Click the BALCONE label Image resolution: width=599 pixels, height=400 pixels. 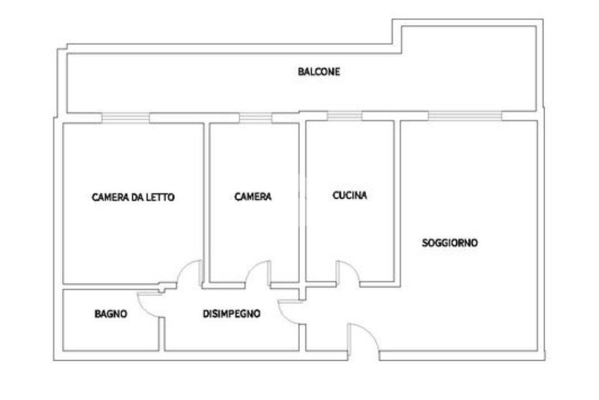[319, 72]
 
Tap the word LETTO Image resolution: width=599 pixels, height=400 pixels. [161, 197]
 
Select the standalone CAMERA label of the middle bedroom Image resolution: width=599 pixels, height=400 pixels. [253, 197]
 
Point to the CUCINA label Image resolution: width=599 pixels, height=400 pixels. [350, 196]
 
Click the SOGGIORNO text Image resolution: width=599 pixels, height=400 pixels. [450, 242]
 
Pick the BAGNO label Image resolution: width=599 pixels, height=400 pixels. [111, 314]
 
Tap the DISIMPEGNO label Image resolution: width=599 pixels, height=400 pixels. [231, 314]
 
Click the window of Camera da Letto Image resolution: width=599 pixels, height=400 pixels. [125, 118]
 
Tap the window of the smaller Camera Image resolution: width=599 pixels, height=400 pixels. [256, 118]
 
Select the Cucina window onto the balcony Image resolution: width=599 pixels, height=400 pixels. [344, 115]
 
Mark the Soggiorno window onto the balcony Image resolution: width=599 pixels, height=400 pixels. [465, 115]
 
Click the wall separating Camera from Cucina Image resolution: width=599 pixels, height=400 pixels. [302, 199]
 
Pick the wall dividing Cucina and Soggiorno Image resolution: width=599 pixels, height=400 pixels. [397, 199]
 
